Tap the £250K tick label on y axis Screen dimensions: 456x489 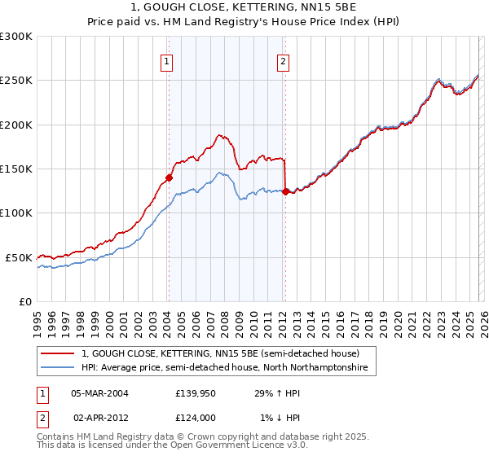[x=16, y=81]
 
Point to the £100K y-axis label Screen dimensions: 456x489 [x=16, y=213]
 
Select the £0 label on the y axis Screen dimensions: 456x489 [x=25, y=301]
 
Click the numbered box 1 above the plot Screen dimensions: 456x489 [x=167, y=60]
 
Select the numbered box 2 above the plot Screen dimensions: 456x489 [x=283, y=60]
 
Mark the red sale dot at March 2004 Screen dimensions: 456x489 [x=169, y=178]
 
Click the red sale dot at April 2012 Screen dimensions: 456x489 [x=285, y=191]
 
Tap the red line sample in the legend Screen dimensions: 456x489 [x=58, y=353]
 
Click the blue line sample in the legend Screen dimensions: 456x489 [x=58, y=368]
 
